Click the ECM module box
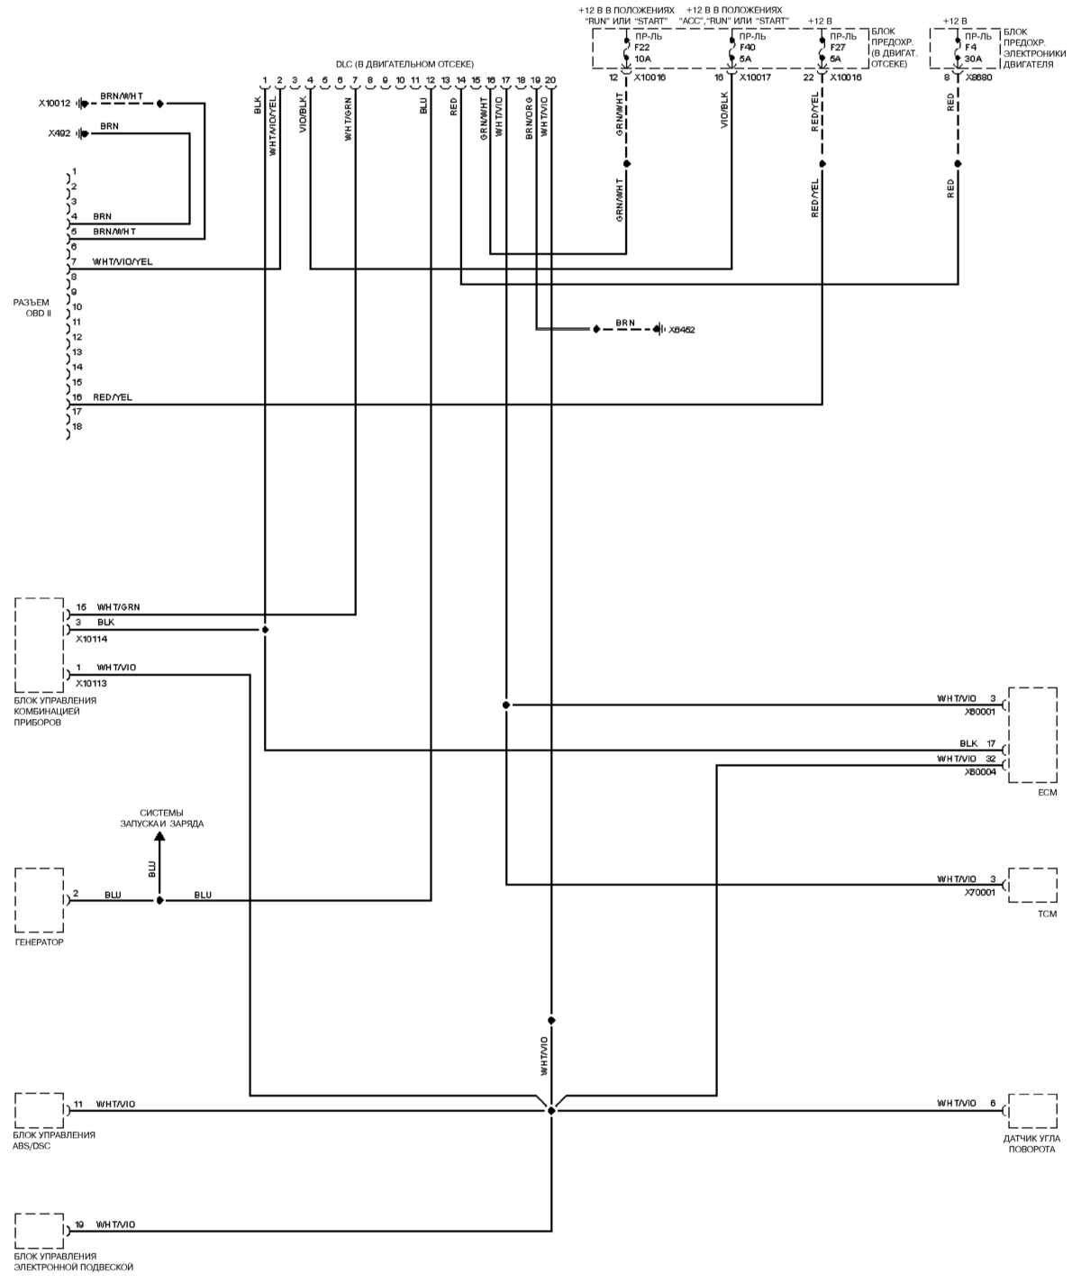(1032, 735)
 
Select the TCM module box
(1032, 886)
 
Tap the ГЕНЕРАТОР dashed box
(40, 900)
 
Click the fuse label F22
(642, 48)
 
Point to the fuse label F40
(747, 48)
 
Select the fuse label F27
(838, 48)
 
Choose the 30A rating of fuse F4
(973, 59)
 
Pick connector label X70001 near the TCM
(980, 893)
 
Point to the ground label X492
(60, 133)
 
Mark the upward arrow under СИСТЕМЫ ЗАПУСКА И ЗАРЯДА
(159, 838)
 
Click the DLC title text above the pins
(404, 64)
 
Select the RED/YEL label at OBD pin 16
(112, 397)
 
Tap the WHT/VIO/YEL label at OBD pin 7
(123, 261)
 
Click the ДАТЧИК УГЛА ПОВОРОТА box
(1032, 1110)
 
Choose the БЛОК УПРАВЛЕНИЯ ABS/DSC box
(40, 1110)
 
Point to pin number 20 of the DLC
(550, 80)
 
